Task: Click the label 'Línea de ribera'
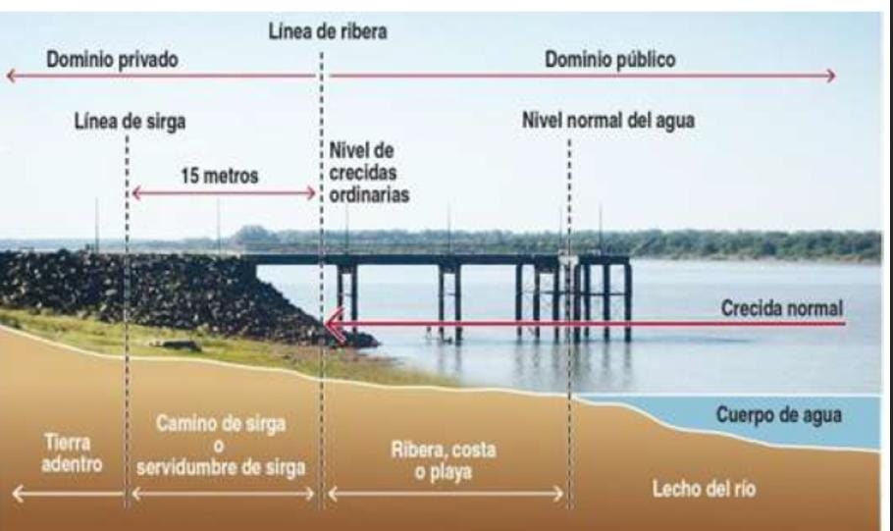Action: (x=328, y=30)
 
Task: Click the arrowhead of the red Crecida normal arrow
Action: (x=334, y=324)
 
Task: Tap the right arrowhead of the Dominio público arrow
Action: (x=832, y=77)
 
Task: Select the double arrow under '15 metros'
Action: (x=224, y=193)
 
